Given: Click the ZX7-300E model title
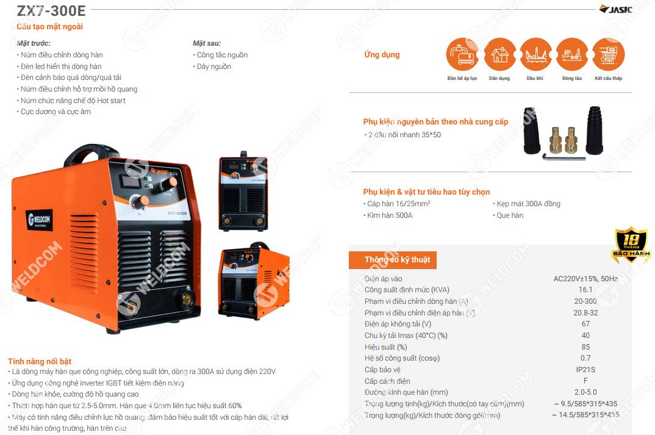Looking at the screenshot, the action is (51, 10).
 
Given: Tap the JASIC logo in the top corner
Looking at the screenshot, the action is (616, 9).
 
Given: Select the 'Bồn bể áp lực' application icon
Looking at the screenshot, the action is (462, 54).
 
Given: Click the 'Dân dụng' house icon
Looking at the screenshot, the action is (499, 54).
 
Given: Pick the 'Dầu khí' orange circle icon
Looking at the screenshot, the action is (536, 54).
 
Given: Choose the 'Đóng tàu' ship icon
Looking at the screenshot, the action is (572, 54).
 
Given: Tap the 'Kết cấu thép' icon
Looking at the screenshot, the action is (609, 54).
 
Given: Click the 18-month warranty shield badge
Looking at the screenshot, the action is (631, 245).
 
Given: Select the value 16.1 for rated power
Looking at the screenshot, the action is (585, 290).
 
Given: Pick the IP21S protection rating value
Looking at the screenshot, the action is (585, 369).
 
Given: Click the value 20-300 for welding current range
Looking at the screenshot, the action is (585, 301).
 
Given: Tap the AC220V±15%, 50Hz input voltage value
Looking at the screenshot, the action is (585, 279).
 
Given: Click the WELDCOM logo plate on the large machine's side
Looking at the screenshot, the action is (40, 220).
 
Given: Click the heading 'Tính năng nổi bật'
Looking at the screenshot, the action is (39, 361).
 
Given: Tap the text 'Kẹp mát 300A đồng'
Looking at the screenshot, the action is (528, 204).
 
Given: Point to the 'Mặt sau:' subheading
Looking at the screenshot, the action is (206, 43).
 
